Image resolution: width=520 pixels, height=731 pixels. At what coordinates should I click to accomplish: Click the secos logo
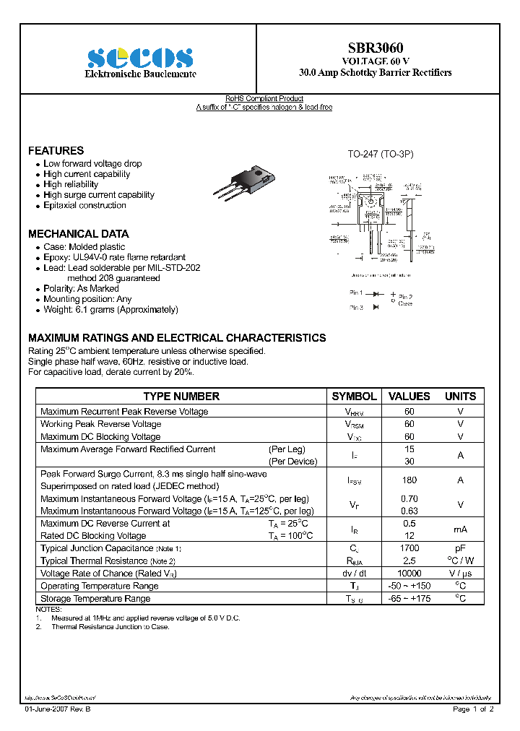(x=140, y=58)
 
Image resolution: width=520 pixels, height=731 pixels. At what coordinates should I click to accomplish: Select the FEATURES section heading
(x=56, y=151)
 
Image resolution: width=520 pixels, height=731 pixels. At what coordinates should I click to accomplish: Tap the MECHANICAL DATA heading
(x=78, y=234)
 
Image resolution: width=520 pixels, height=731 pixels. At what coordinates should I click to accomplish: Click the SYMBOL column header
(x=354, y=397)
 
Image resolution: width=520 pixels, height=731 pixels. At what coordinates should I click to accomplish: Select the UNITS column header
(x=460, y=397)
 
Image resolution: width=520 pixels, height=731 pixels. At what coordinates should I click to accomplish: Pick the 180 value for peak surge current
(x=409, y=480)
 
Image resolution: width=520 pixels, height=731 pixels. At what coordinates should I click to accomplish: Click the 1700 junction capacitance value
(x=409, y=548)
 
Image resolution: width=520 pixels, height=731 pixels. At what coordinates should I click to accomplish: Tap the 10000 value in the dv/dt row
(x=409, y=573)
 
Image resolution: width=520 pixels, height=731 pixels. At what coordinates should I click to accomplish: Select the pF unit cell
(x=460, y=548)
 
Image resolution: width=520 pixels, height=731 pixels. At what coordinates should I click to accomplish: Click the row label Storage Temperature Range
(x=95, y=598)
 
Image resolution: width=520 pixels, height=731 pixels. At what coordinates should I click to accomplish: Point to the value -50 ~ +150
(x=409, y=586)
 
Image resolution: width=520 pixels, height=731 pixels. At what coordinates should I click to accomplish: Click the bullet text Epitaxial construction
(x=84, y=205)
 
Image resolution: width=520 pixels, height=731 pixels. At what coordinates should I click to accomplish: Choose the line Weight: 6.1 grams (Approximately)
(x=110, y=309)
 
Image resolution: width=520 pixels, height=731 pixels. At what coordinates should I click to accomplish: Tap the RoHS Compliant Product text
(x=264, y=98)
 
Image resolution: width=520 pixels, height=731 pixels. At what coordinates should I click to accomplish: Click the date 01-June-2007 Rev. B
(x=58, y=709)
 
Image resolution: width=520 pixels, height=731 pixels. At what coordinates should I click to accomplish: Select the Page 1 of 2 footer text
(x=473, y=709)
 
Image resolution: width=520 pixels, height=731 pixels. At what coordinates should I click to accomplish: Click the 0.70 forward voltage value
(x=409, y=498)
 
